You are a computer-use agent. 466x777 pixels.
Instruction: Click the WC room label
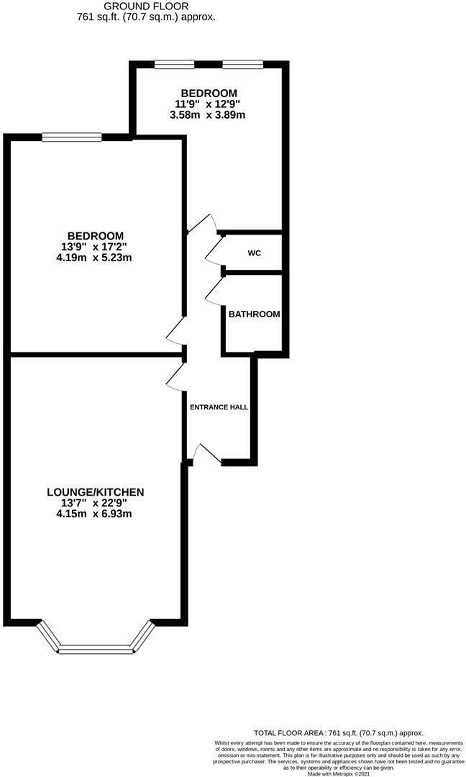[x=254, y=253]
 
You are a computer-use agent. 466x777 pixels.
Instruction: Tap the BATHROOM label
[x=254, y=314]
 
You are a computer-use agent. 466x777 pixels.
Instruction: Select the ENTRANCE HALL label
[x=219, y=407]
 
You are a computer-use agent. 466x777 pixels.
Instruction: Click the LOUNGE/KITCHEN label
[x=96, y=492]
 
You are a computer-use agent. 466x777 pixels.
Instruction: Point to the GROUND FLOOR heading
[x=146, y=6]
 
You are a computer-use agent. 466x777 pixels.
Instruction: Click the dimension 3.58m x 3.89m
[x=209, y=114]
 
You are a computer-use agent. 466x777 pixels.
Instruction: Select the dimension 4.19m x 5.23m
[x=95, y=258]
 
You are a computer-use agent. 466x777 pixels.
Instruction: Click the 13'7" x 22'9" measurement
[x=95, y=503]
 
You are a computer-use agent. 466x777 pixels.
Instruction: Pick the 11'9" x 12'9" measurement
[x=209, y=104]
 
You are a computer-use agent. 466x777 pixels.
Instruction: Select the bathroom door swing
[x=213, y=291]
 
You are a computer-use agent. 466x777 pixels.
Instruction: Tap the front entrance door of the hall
[x=206, y=453]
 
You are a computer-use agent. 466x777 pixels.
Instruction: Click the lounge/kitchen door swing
[x=175, y=376]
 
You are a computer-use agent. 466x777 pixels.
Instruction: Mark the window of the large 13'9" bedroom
[x=71, y=137]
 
